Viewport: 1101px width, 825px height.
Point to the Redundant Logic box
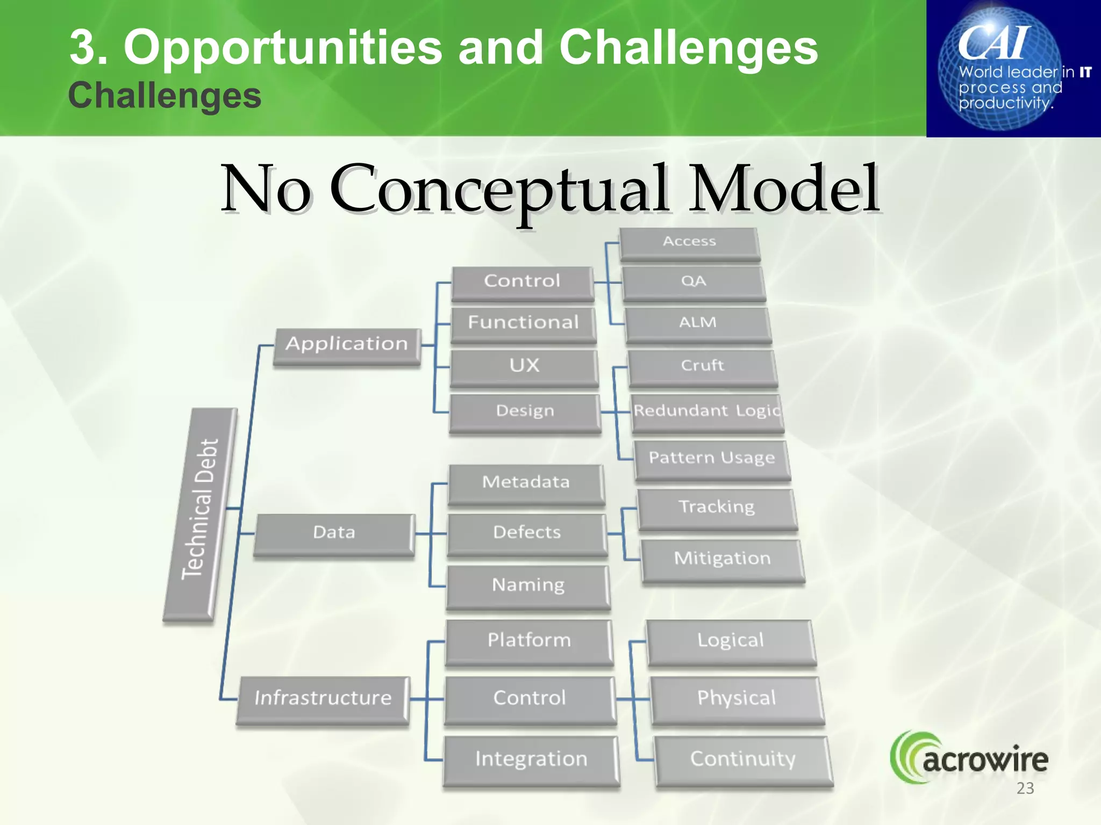(706, 411)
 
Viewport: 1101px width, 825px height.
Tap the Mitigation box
(722, 559)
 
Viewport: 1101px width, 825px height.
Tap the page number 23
(1025, 788)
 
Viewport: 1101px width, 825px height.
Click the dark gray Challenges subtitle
(165, 96)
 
